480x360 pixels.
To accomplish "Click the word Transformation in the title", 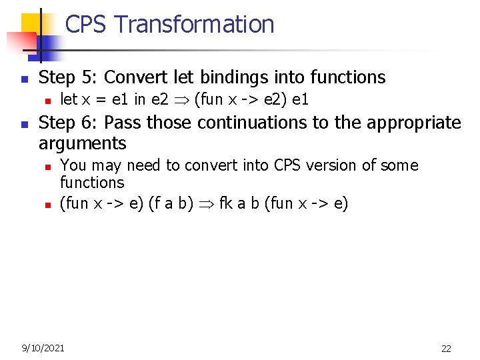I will (194, 25).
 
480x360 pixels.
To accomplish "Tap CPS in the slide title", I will (87, 25).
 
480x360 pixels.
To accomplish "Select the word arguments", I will (83, 143).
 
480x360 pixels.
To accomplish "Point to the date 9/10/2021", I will (43, 347).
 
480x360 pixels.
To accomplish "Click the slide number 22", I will (446, 348).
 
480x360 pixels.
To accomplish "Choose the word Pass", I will (123, 123).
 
